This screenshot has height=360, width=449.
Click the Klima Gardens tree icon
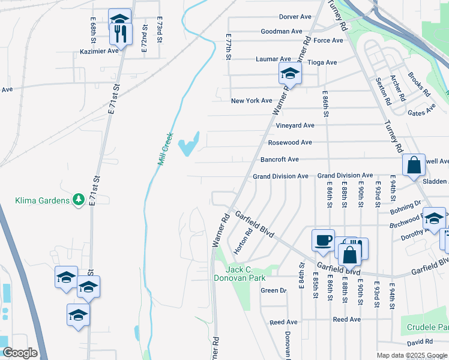click(x=78, y=200)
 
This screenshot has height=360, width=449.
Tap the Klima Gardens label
click(x=43, y=200)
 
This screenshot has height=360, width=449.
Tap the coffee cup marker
click(x=323, y=240)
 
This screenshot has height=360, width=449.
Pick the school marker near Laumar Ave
click(x=290, y=74)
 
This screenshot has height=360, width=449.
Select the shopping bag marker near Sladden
click(x=414, y=166)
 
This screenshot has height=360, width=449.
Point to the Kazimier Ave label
click(x=99, y=52)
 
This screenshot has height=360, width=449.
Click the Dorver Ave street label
click(x=296, y=17)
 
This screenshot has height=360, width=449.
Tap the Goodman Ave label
click(x=281, y=31)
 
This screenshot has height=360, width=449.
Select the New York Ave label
click(x=252, y=101)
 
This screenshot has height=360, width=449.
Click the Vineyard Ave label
click(x=295, y=125)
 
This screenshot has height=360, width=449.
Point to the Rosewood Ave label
click(x=290, y=142)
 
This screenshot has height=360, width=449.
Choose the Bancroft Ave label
click(x=279, y=160)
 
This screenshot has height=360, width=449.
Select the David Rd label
click(x=419, y=343)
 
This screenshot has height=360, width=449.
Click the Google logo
click(x=20, y=353)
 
